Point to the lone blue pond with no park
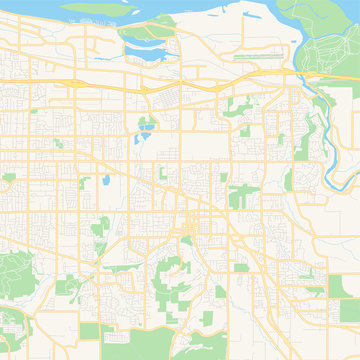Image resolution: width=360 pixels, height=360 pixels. click(x=104, y=182)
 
